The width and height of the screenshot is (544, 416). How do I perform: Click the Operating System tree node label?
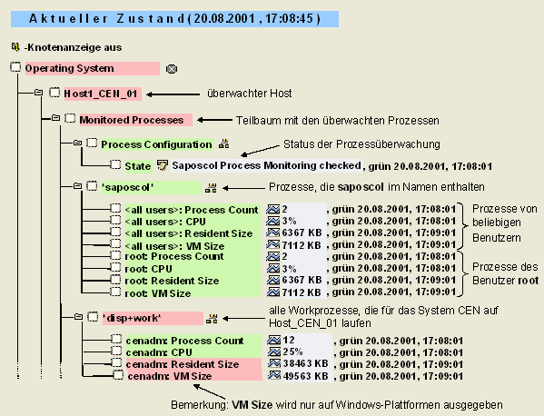click(69, 68)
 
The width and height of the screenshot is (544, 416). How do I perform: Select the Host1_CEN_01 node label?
click(101, 94)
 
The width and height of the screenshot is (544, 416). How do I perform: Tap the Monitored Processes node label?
click(132, 120)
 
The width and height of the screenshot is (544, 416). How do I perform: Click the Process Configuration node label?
click(156, 144)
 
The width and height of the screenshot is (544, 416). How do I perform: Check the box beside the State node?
click(115, 164)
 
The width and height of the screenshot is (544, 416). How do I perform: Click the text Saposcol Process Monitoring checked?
click(266, 165)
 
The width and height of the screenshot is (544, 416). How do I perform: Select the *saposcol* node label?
click(127, 187)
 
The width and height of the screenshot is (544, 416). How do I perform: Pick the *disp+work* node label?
click(132, 318)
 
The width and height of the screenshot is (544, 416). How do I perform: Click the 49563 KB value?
click(306, 376)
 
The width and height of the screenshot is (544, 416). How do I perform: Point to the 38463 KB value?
click(306, 363)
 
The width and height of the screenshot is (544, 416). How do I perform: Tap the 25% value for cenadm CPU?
click(292, 352)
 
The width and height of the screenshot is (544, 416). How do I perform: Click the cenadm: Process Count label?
click(185, 341)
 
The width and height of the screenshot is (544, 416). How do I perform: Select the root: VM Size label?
click(158, 293)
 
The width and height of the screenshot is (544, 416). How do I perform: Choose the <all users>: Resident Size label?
click(189, 233)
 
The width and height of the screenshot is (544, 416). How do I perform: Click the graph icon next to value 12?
click(273, 340)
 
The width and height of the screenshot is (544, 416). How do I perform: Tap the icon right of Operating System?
click(172, 69)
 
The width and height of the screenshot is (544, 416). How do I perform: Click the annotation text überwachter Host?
click(250, 94)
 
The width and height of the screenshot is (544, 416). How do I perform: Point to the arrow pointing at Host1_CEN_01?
click(173, 94)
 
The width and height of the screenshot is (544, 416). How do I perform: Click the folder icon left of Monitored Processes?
click(55, 118)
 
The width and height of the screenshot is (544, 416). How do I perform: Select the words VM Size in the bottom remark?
click(252, 405)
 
